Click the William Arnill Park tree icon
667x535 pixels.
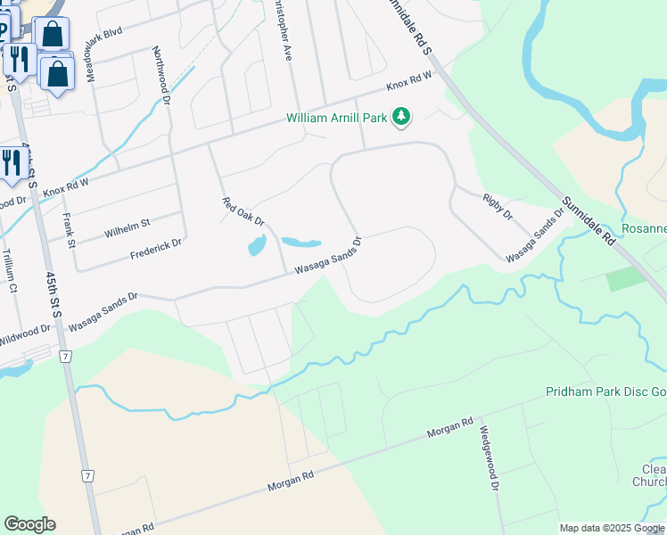pyautogui.click(x=402, y=117)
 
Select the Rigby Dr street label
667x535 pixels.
pyautogui.click(x=498, y=207)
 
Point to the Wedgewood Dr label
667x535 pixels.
pyautogui.click(x=490, y=455)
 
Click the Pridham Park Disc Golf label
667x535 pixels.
pyautogui.click(x=606, y=392)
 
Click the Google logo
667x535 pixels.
pyautogui.click(x=29, y=524)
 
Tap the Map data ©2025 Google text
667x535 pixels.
pyautogui.click(x=613, y=528)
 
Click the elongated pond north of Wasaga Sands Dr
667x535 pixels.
pyautogui.click(x=301, y=242)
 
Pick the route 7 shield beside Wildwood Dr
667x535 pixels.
pyautogui.click(x=65, y=356)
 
